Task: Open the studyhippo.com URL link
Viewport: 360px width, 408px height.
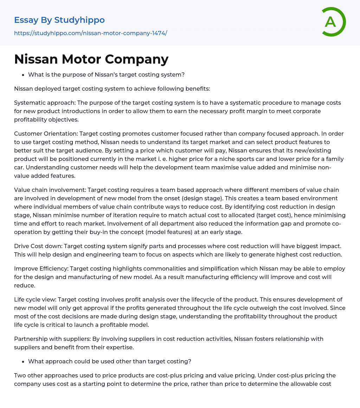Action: tap(90, 33)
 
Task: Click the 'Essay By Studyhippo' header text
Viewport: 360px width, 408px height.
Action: tap(59, 20)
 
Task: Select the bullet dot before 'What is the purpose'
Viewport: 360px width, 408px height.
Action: tap(23, 75)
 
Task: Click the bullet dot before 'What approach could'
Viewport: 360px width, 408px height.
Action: tap(23, 362)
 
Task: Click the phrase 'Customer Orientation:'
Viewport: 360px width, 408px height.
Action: tap(46, 134)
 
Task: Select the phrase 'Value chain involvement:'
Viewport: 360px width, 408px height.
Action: tap(50, 190)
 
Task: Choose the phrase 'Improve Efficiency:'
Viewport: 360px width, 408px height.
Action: tap(41, 268)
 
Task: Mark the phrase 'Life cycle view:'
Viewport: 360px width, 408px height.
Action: tap(35, 299)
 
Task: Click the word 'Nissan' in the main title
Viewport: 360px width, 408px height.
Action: tap(35, 59)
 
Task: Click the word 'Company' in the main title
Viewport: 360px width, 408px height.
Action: tap(142, 59)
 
